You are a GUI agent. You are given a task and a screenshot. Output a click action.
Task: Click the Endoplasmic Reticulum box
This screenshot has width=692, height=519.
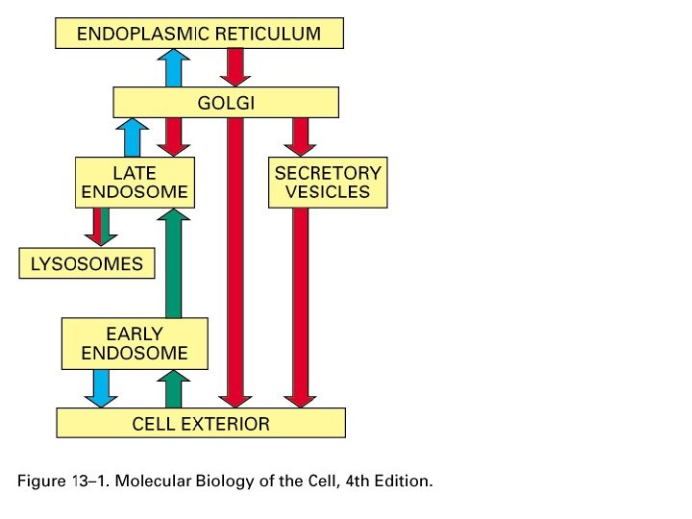tap(199, 34)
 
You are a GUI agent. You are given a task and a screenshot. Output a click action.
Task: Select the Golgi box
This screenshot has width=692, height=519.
tap(226, 102)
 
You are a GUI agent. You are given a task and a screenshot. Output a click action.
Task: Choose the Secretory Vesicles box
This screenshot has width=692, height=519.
tap(327, 183)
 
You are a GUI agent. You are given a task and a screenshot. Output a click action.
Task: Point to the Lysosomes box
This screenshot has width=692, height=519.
tap(86, 263)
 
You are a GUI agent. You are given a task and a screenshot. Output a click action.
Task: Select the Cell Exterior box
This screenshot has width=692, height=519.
tap(200, 423)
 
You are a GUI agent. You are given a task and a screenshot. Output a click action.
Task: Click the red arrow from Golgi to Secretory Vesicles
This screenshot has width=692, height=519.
tap(301, 136)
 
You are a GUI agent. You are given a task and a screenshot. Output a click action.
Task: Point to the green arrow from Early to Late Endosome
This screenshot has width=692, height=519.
tap(174, 263)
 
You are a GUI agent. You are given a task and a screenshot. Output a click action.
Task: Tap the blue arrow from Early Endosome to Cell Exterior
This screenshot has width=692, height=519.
tap(99, 387)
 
